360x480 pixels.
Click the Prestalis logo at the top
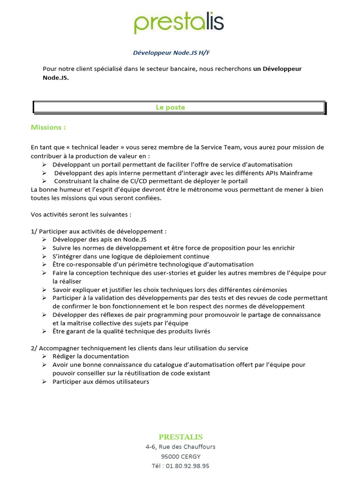click(179, 22)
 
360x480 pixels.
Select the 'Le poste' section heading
click(170, 107)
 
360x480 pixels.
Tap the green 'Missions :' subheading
click(48, 127)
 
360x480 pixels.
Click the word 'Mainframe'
click(296, 173)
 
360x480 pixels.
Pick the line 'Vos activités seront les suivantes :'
click(81, 214)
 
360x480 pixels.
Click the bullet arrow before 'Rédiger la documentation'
click(44, 357)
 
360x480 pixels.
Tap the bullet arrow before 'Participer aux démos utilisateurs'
click(44, 382)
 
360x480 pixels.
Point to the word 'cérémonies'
click(270, 290)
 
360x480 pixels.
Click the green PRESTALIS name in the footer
click(180, 437)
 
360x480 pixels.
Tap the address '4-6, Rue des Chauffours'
click(180, 447)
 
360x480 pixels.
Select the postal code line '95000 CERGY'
click(180, 457)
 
